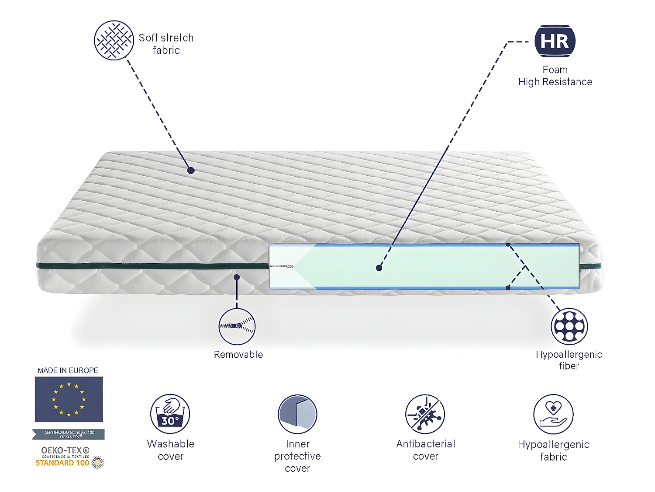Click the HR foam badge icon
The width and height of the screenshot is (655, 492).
555,41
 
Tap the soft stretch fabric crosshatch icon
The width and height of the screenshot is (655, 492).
114,40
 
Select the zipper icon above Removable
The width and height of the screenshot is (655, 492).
237,326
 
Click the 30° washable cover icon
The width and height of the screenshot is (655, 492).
170,414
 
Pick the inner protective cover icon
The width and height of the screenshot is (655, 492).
297,414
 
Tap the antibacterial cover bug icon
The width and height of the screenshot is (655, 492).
425,414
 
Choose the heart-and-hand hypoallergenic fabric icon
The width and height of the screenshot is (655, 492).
553,414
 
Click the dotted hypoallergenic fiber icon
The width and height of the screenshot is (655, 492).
569,326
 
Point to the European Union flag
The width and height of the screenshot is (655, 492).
69,399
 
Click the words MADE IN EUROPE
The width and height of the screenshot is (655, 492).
68,370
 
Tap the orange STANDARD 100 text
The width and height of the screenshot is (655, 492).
62,463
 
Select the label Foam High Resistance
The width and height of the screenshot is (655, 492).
555,76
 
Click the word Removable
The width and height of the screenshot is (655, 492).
238,355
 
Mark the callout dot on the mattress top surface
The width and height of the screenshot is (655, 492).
191,170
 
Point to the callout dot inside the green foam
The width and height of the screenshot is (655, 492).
379,268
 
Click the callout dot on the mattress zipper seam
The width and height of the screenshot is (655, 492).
237,277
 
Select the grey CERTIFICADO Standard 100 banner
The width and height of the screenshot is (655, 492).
69,434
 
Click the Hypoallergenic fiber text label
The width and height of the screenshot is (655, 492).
569,360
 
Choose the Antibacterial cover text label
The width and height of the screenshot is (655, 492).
425,450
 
